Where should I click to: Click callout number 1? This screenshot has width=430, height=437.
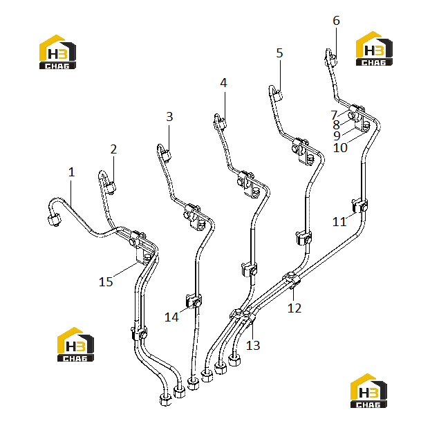point(72,172)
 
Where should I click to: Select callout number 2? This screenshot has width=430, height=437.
point(113,149)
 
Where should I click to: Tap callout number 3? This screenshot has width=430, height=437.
point(169,116)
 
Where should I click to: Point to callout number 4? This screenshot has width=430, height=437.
point(223,82)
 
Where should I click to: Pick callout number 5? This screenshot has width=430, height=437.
point(279,53)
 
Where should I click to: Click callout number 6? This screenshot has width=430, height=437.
point(337,21)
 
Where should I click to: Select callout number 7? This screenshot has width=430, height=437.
point(334,115)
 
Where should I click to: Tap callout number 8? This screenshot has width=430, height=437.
point(337,125)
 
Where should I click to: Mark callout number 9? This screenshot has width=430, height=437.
point(337,136)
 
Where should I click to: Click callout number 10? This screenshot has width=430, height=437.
point(340,148)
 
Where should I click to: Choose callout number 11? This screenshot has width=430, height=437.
point(339,222)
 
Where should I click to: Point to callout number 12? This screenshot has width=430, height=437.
point(295,308)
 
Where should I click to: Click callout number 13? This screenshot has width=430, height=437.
point(253,346)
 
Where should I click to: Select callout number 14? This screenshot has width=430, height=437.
point(171,317)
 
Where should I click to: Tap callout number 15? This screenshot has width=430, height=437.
point(106,281)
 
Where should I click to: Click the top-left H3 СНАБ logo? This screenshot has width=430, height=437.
point(57,52)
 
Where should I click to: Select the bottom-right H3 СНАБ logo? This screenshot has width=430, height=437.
point(368,391)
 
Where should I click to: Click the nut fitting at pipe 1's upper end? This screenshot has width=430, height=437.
point(54,219)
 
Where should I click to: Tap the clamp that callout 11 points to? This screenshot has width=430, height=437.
point(359,205)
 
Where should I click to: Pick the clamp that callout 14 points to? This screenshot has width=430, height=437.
point(194,301)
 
